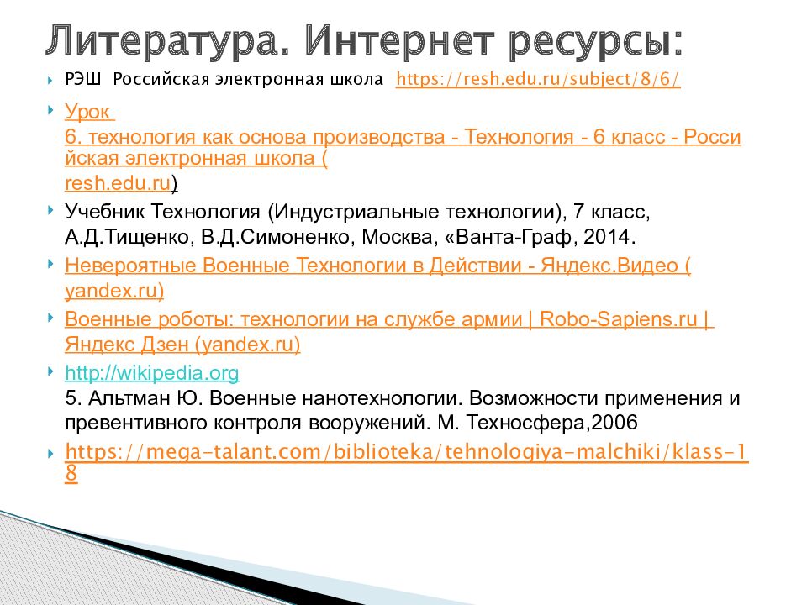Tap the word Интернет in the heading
click(399, 40)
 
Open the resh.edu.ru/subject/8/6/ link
click(538, 79)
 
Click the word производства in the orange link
click(379, 137)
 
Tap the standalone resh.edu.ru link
click(118, 182)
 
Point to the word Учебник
click(106, 212)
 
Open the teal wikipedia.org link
click(152, 373)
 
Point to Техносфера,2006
click(551, 423)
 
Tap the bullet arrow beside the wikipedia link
click(50, 371)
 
